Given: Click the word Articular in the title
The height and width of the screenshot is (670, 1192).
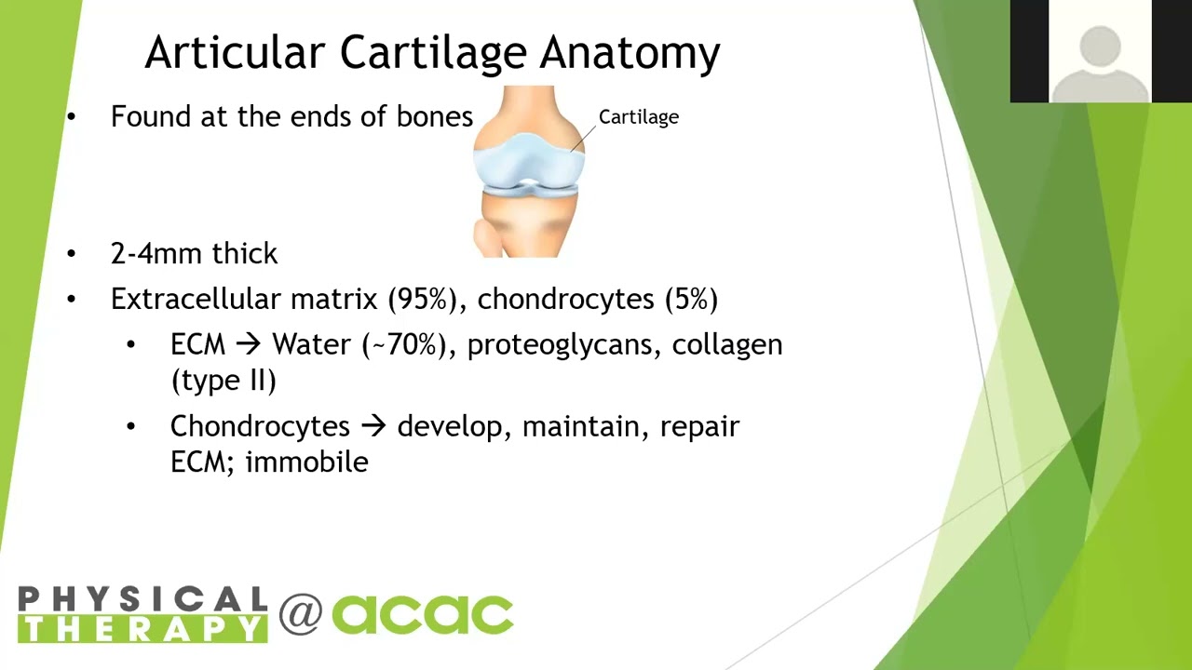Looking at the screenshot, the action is (x=235, y=52).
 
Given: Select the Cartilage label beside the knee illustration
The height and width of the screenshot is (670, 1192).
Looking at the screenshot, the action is (x=639, y=117).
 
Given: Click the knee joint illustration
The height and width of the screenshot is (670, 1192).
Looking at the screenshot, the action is (x=529, y=172).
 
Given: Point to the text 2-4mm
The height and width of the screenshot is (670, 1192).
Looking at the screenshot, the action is (x=156, y=253).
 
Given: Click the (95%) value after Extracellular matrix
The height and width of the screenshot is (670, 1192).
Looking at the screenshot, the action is (x=423, y=299).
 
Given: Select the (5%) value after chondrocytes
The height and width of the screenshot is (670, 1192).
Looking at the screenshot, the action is (x=691, y=299).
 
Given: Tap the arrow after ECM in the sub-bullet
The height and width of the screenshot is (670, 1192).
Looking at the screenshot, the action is (x=248, y=344).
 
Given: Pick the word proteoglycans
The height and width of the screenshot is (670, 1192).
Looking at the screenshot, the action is (x=564, y=345).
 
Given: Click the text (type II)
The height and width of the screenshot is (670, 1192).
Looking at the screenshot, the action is (x=223, y=381).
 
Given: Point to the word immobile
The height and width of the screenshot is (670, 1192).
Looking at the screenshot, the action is (x=306, y=462).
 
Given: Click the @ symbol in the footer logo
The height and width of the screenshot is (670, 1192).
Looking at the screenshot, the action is (x=301, y=614).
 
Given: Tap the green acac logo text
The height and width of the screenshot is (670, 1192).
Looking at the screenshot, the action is (x=423, y=615).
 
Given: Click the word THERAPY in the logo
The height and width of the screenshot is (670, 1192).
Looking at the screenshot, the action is (x=142, y=629).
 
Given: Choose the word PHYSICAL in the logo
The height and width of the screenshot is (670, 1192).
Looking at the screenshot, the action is (x=142, y=598).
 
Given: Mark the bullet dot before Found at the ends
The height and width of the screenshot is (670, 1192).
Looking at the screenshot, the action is (x=72, y=117).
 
